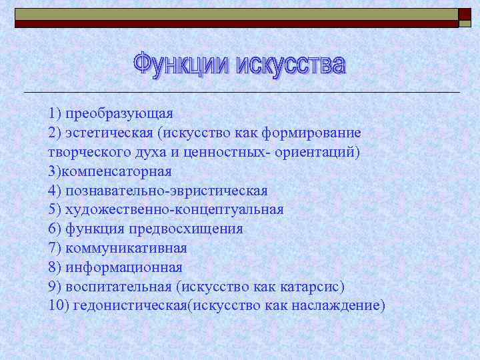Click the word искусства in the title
292,65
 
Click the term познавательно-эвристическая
167,191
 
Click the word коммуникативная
126,248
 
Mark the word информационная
124,267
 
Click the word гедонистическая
128,305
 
